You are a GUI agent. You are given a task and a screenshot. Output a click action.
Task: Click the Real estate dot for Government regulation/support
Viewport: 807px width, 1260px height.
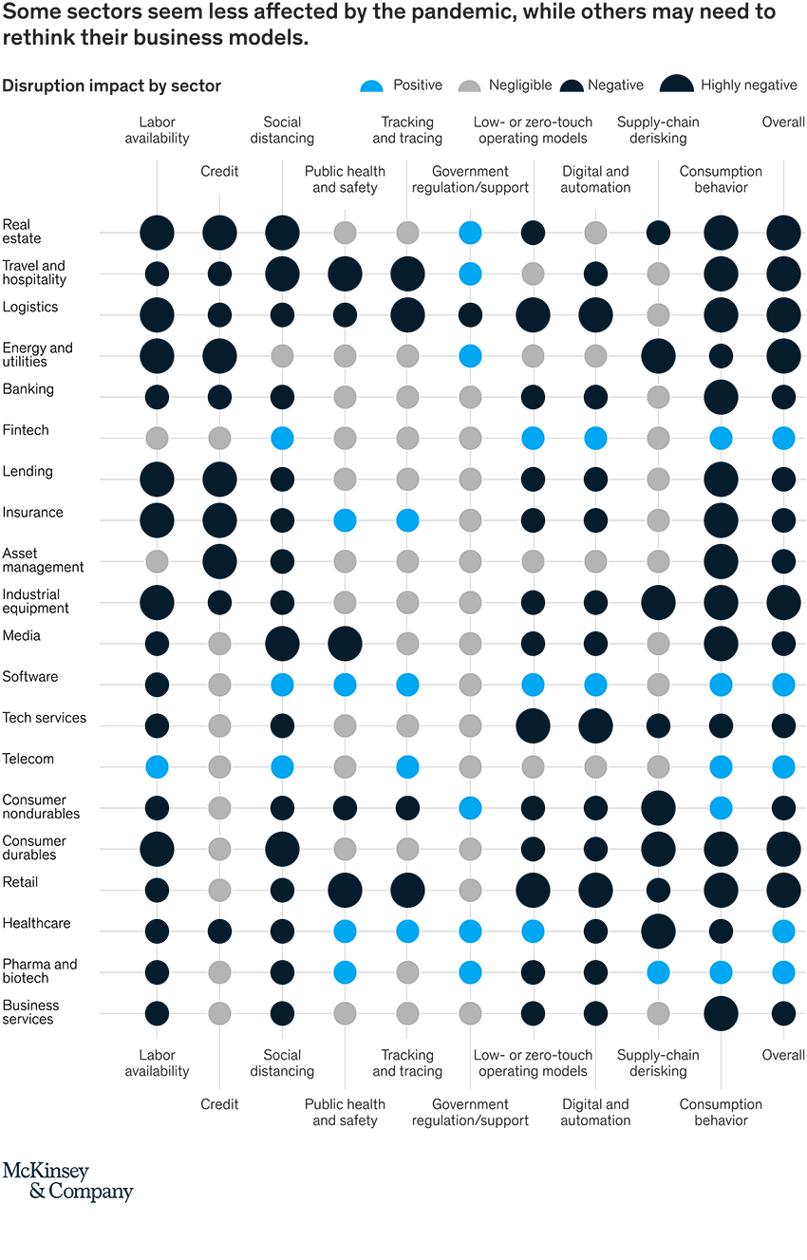coord(470,233)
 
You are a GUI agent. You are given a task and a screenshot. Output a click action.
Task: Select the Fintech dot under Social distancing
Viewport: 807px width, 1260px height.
coord(282,438)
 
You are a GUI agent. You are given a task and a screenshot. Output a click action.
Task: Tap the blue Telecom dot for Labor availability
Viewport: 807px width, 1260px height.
coord(157,766)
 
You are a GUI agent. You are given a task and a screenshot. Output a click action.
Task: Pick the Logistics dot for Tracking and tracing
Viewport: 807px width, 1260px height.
coord(407,315)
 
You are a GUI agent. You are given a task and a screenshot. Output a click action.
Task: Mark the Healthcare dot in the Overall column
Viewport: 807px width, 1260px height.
coord(783,931)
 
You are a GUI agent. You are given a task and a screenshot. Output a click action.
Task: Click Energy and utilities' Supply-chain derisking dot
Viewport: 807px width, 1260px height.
coord(658,356)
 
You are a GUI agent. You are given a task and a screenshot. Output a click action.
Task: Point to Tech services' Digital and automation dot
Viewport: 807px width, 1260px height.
coord(595,725)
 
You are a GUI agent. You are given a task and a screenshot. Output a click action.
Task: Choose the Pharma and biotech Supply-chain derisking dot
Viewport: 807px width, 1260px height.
coord(658,971)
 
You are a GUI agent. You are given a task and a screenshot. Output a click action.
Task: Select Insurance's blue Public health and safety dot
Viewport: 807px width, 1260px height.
coord(345,520)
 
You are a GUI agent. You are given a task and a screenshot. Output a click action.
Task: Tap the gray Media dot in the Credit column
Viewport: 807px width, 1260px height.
coord(219,644)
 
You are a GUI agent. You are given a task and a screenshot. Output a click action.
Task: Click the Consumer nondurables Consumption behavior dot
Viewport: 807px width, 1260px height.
coord(721,808)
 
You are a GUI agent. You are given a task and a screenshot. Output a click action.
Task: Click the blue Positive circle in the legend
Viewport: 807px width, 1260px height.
coord(372,85)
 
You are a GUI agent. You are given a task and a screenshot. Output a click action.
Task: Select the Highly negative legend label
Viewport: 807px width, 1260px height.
coord(749,85)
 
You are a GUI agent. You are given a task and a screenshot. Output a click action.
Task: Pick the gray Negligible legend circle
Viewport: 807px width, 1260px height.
coord(469,85)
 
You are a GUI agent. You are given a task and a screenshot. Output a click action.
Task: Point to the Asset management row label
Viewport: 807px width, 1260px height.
coord(43,560)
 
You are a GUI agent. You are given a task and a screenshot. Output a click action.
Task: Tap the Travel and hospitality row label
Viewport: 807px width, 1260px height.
coord(34,273)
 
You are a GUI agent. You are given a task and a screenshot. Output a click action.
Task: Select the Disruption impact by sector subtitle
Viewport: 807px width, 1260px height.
coord(112,85)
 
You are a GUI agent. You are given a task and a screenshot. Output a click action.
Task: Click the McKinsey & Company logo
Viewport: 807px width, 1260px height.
coord(67,1180)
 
